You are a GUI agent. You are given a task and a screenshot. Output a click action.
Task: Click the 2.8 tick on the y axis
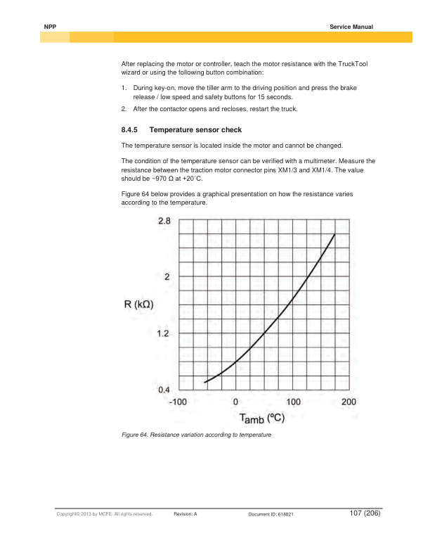[163, 221]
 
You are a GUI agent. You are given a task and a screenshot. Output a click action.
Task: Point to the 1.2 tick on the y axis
[163, 333]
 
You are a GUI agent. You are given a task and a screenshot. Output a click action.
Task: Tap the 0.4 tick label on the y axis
[163, 389]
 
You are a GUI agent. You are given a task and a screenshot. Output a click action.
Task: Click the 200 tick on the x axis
[349, 402]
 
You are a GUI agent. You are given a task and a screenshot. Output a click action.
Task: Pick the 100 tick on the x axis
[293, 402]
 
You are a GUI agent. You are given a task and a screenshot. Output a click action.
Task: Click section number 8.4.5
[131, 130]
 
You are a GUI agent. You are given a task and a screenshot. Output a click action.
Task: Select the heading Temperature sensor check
[194, 130]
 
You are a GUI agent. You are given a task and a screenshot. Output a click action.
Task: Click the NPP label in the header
[49, 26]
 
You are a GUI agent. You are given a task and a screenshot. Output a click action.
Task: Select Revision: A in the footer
[185, 515]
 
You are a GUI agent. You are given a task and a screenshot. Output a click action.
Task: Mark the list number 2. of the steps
[124, 109]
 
